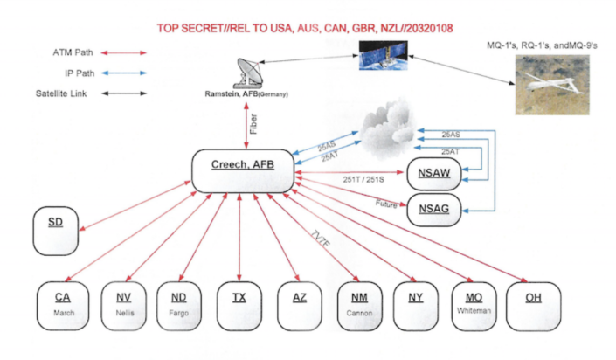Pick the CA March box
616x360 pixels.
tap(63, 305)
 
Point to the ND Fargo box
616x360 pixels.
tap(179, 305)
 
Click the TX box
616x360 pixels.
tap(238, 305)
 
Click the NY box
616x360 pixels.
tap(415, 305)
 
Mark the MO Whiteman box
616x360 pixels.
tap(473, 305)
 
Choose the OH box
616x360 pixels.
tap(532, 305)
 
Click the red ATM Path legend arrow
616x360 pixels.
tap(120, 52)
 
